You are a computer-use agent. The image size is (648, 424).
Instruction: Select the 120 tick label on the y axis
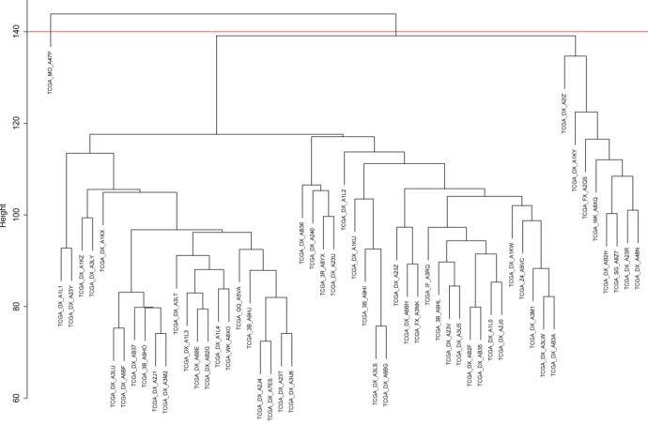13,123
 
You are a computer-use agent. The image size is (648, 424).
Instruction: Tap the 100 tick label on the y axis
13,215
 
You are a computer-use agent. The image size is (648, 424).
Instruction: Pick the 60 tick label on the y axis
13,397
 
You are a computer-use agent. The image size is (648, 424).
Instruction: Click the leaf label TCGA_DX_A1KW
511,262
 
